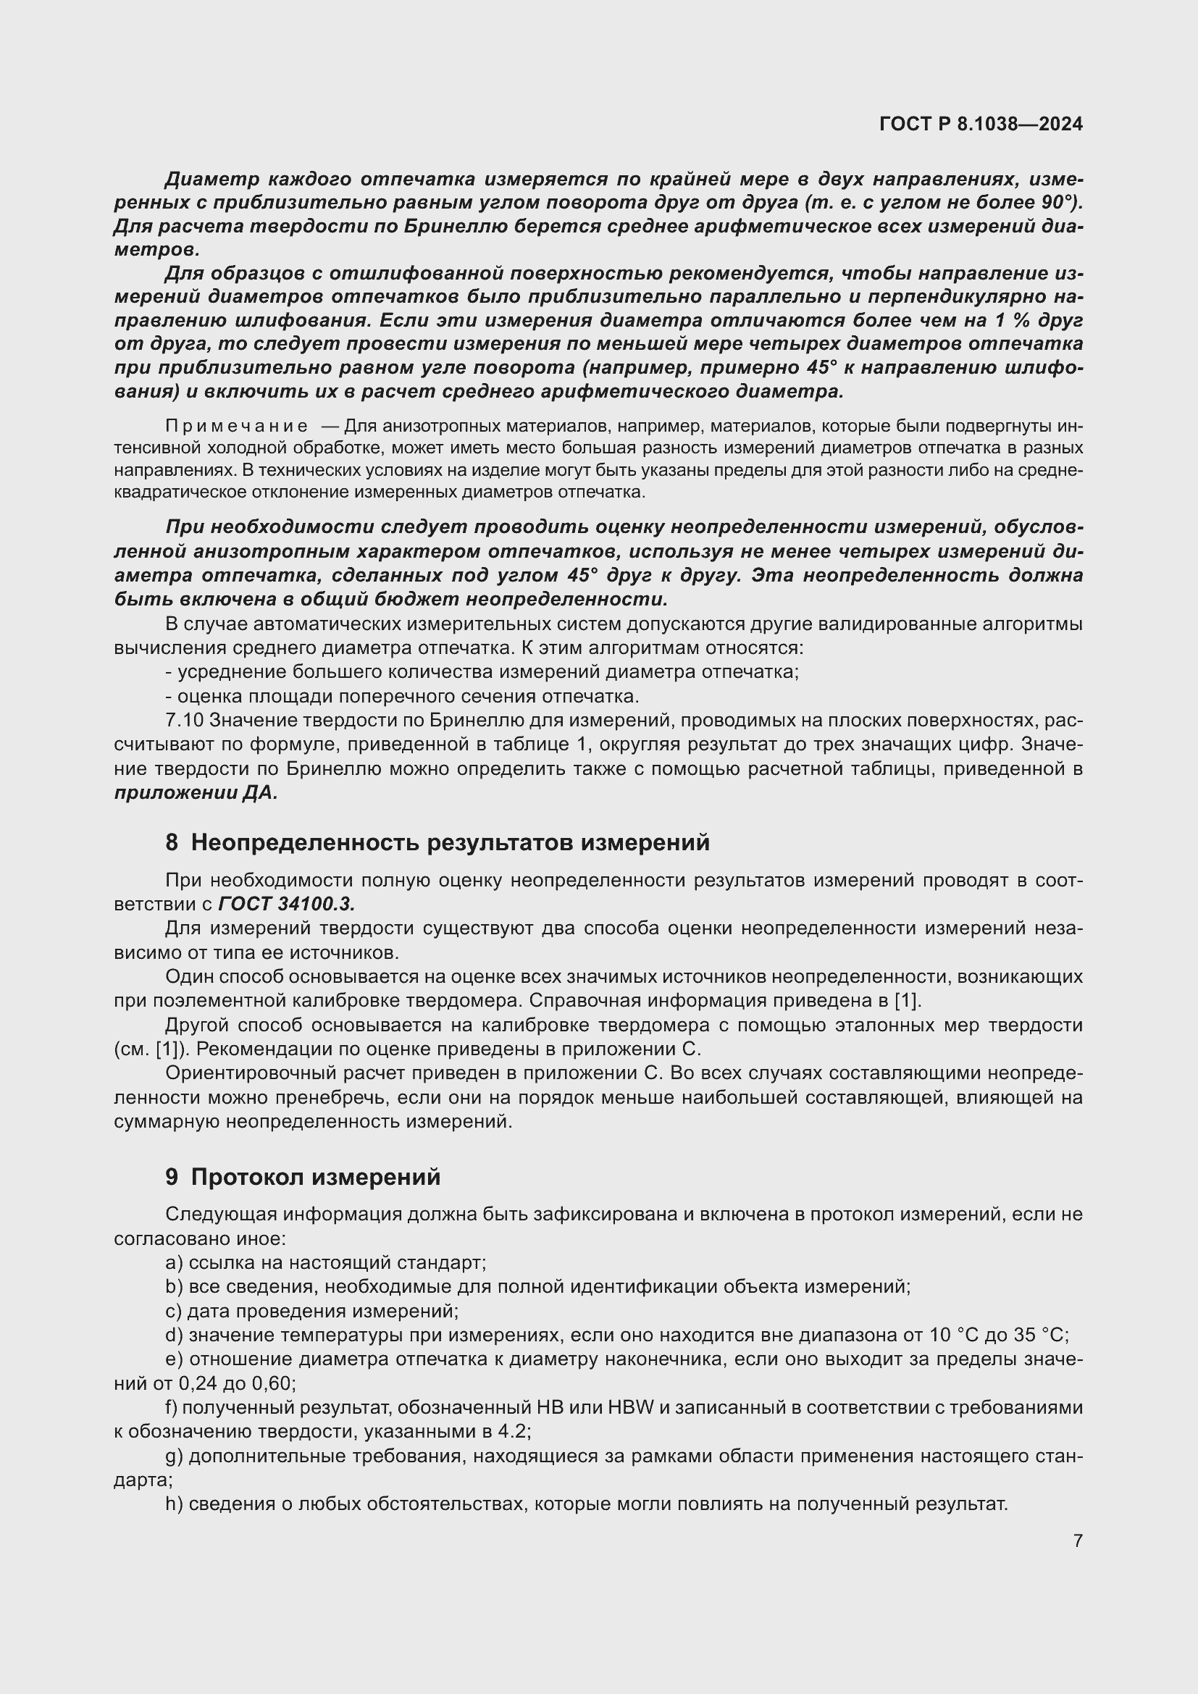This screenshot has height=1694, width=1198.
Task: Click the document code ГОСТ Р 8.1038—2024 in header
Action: point(981,124)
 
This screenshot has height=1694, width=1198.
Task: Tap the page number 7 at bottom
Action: point(1078,1540)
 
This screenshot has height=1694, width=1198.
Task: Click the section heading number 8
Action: point(171,842)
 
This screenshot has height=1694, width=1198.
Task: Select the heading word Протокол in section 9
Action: point(248,1177)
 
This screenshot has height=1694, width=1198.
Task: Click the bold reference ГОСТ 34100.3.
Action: point(287,904)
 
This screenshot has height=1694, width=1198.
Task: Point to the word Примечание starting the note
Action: point(236,426)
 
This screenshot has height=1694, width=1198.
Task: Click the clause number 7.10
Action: point(185,720)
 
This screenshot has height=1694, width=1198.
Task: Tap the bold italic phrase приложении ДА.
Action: point(196,793)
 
